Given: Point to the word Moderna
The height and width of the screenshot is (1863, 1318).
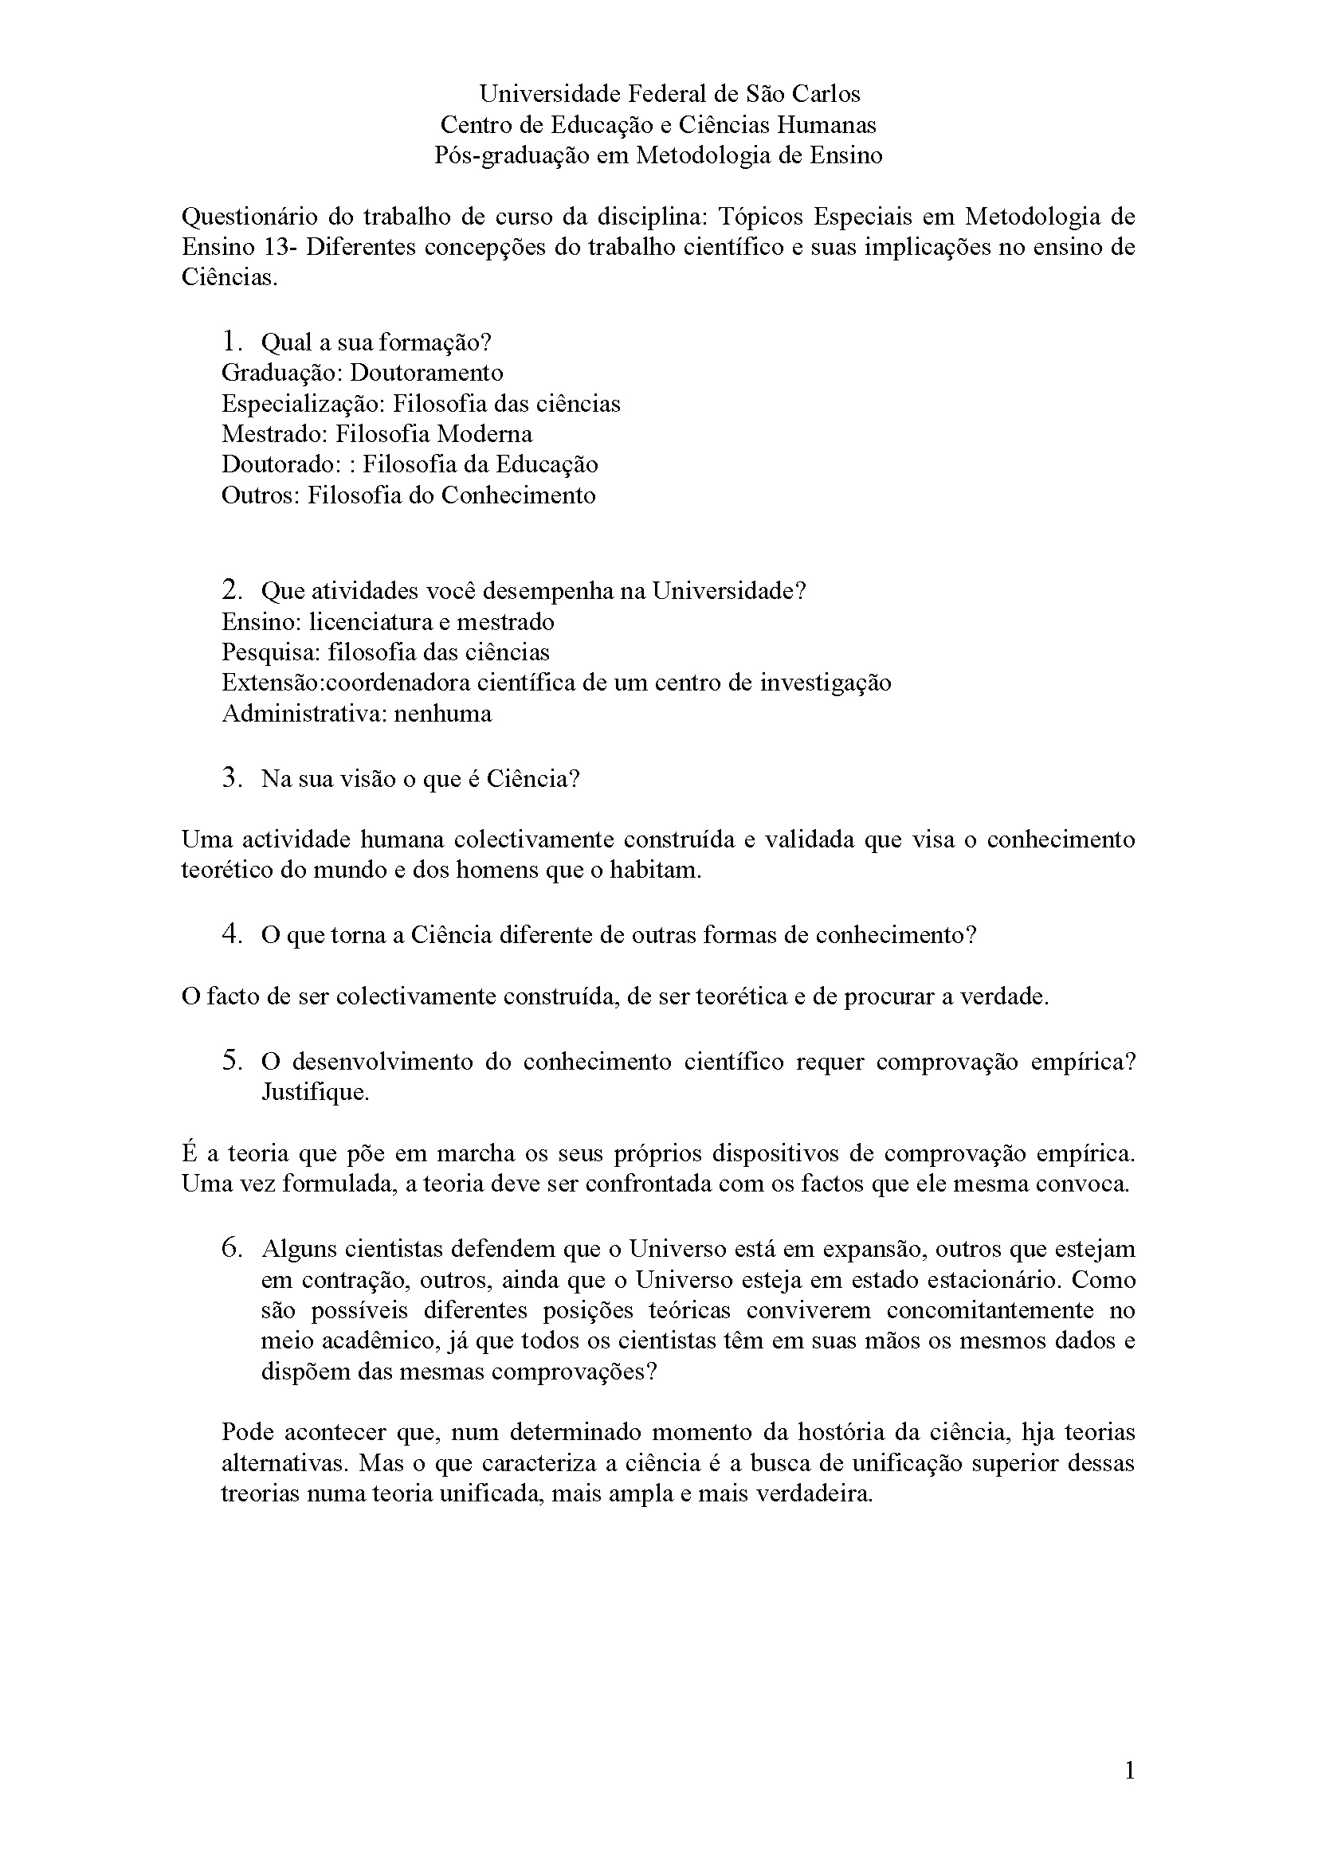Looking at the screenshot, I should [x=484, y=434].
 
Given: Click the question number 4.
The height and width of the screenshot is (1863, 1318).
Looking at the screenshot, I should [x=231, y=934].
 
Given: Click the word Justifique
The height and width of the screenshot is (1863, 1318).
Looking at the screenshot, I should [x=315, y=1092].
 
